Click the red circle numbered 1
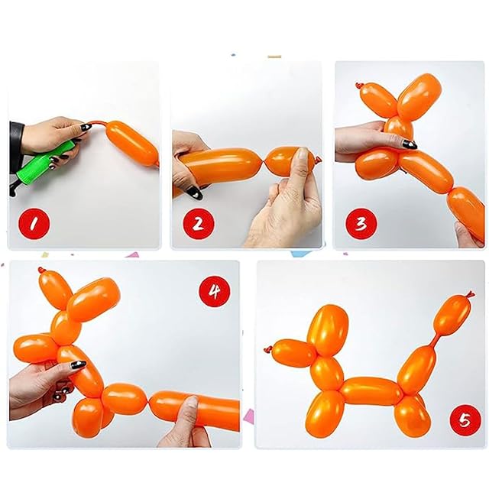tap(34, 224)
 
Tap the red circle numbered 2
tap(199, 224)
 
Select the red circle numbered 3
tap(361, 224)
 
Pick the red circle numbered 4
tap(215, 291)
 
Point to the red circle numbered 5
tap(465, 420)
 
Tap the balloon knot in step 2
tap(318, 160)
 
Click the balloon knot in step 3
tap(359, 85)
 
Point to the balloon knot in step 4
tap(40, 270)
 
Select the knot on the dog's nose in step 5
tap(268, 348)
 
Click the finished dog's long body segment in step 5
tap(372, 390)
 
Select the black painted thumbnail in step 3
tap(410, 144)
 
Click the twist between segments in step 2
tap(263, 162)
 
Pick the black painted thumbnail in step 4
tap(78, 364)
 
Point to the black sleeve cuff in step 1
tap(16, 147)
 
